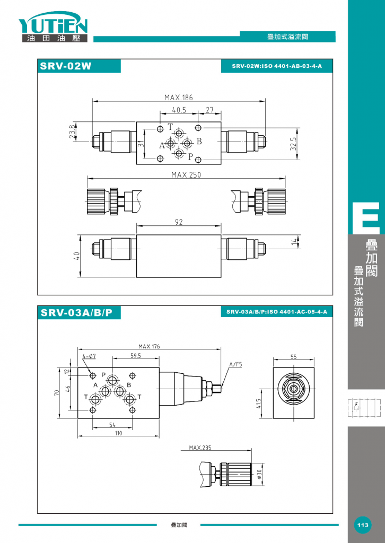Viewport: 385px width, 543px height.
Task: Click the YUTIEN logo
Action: coord(53,27)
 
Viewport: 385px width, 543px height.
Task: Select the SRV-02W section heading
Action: coord(66,66)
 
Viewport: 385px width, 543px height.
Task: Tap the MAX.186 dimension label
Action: coord(178,98)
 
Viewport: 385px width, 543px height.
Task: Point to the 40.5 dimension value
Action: coord(179,110)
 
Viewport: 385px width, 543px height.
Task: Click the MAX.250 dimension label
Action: coord(186,175)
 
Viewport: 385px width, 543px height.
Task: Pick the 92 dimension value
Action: coord(179,222)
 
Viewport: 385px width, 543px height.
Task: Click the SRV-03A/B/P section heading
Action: coord(76,313)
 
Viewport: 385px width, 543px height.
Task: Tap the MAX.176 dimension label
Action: coord(149,346)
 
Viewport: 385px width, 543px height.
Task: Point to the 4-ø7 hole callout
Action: coord(89,356)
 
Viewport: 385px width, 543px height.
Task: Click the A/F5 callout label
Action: coord(236,364)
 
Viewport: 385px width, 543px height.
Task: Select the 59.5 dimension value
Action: coord(136,356)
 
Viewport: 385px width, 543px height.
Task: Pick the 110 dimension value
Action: coord(118,433)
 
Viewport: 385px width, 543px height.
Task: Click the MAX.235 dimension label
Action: coord(200,448)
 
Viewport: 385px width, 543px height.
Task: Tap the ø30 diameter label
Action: coord(259,475)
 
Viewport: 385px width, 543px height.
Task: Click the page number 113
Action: coord(363,525)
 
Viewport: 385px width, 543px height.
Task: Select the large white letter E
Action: coord(366,217)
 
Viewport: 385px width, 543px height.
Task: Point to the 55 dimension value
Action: coord(294,357)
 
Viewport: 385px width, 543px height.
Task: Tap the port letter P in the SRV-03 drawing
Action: coord(103,375)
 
